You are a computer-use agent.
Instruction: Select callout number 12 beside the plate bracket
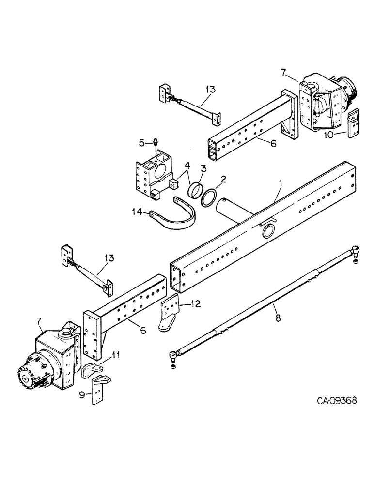196,304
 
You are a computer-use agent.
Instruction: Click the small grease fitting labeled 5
156,142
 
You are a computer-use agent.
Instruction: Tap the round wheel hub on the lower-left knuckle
30,378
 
